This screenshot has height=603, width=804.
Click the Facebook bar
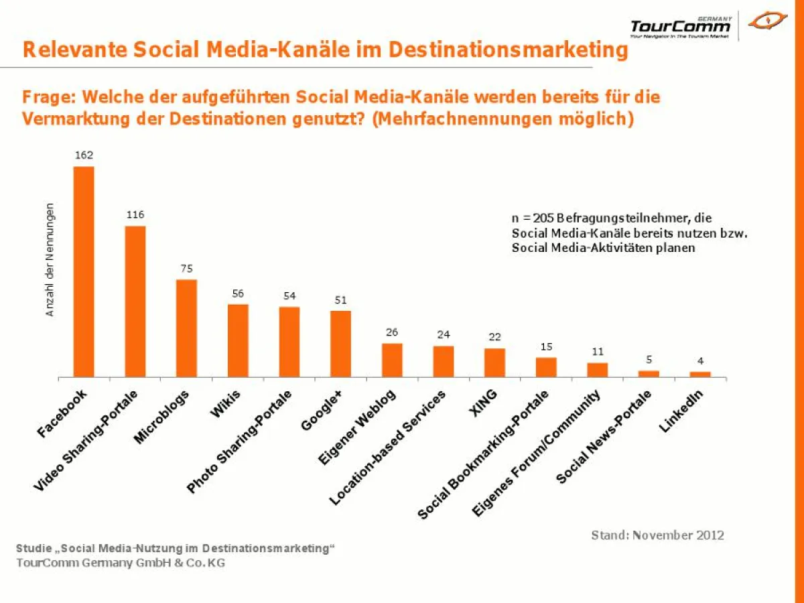[x=84, y=271]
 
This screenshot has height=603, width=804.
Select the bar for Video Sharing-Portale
[x=135, y=301]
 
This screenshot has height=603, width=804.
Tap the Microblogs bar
[x=186, y=328]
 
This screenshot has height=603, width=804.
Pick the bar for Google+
[x=340, y=344]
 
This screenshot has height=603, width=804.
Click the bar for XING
[x=494, y=362]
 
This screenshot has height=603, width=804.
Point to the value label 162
[x=84, y=155]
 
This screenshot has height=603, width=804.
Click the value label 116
[x=135, y=214]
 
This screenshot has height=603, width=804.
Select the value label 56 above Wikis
[x=238, y=293]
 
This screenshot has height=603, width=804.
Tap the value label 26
[x=392, y=332]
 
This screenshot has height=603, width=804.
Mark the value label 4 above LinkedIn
[x=700, y=360]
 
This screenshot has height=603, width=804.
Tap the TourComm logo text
[x=680, y=26]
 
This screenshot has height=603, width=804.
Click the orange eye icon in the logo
[x=768, y=22]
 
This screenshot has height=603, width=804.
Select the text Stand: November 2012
[x=657, y=535]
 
